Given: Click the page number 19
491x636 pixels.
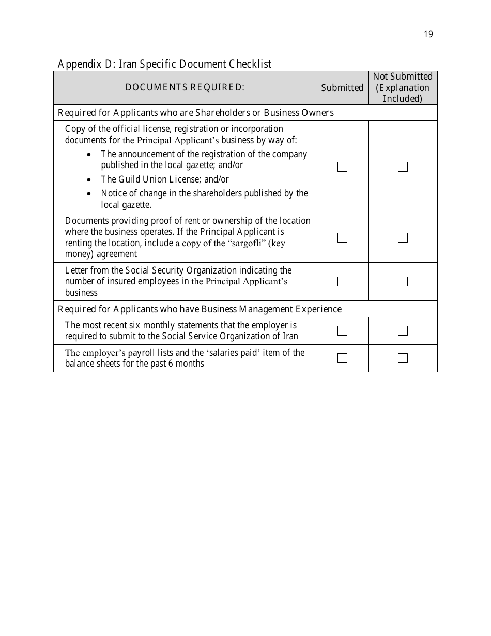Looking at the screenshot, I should click(428, 34).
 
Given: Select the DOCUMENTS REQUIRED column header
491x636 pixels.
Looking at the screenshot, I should click(185, 87).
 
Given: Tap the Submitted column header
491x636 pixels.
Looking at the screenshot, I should click(342, 88).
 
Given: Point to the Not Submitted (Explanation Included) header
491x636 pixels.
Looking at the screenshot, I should click(403, 87).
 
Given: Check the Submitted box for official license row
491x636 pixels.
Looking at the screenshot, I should click(342, 166).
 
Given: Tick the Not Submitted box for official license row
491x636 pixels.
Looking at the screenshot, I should click(403, 166).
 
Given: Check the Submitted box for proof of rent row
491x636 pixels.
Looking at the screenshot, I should click(342, 237).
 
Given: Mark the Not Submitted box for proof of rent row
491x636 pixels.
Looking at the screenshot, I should click(403, 237).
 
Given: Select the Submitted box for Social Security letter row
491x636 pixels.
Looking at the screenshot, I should click(342, 281).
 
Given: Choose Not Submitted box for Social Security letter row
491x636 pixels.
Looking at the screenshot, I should click(403, 281).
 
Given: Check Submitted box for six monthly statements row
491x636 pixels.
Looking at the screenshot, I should click(342, 330).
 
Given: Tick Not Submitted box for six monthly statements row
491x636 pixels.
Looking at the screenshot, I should click(403, 330).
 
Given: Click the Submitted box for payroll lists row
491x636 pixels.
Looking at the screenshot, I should click(342, 358).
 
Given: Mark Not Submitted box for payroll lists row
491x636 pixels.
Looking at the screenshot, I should click(403, 358).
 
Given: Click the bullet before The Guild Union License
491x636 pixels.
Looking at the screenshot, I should click(90, 180).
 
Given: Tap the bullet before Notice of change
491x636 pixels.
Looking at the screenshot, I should click(90, 194).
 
